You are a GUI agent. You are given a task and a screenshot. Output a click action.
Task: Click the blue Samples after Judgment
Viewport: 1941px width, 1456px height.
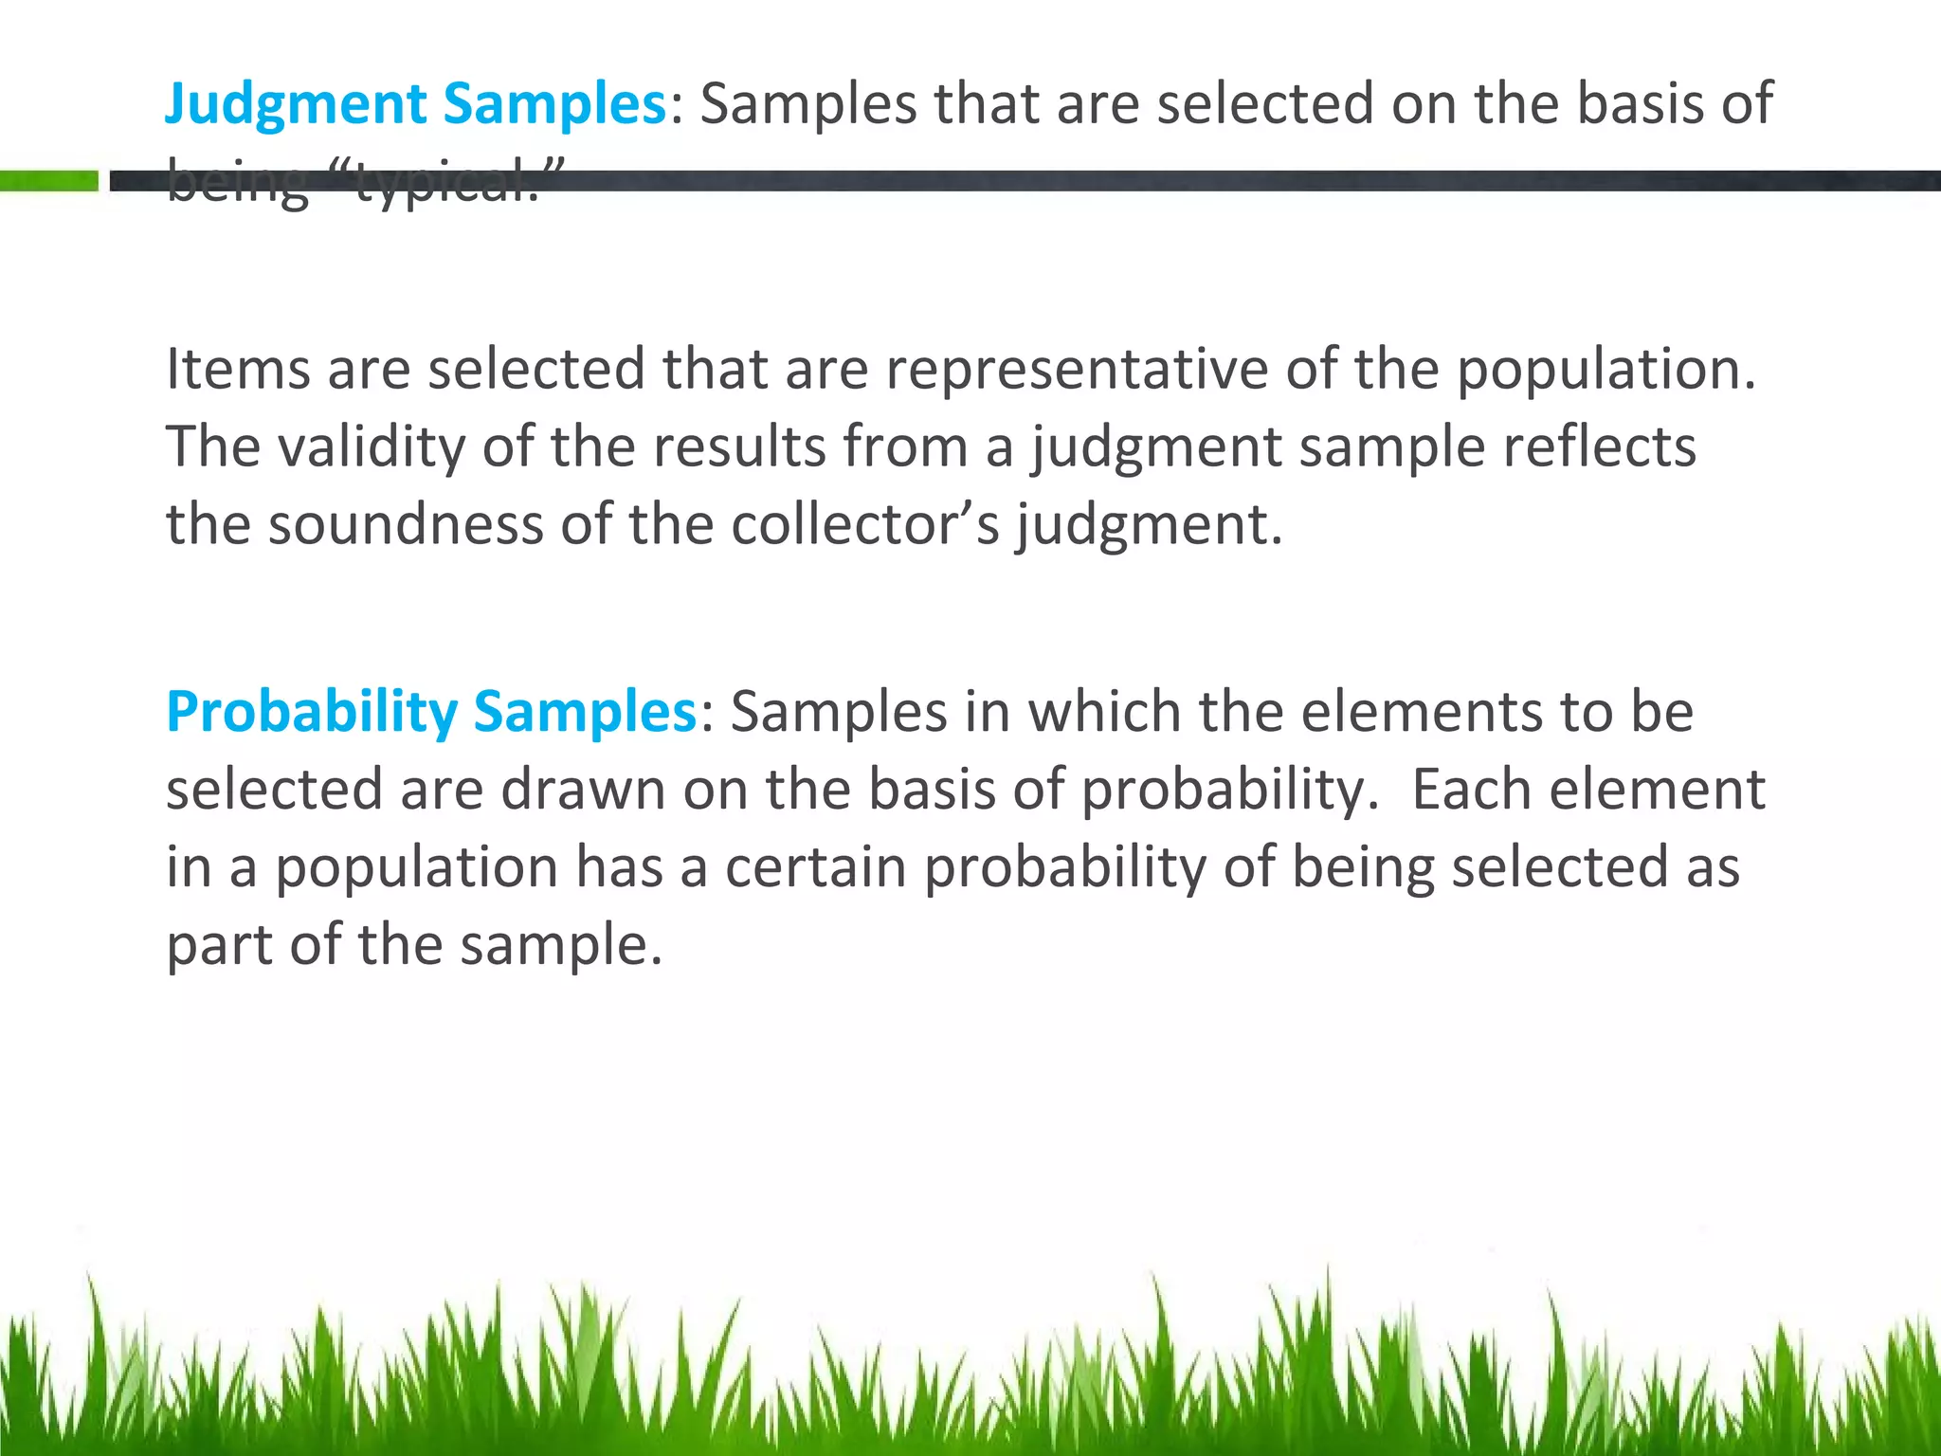coord(555,104)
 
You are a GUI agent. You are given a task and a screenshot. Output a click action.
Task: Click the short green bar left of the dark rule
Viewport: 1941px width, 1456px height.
coord(48,181)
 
